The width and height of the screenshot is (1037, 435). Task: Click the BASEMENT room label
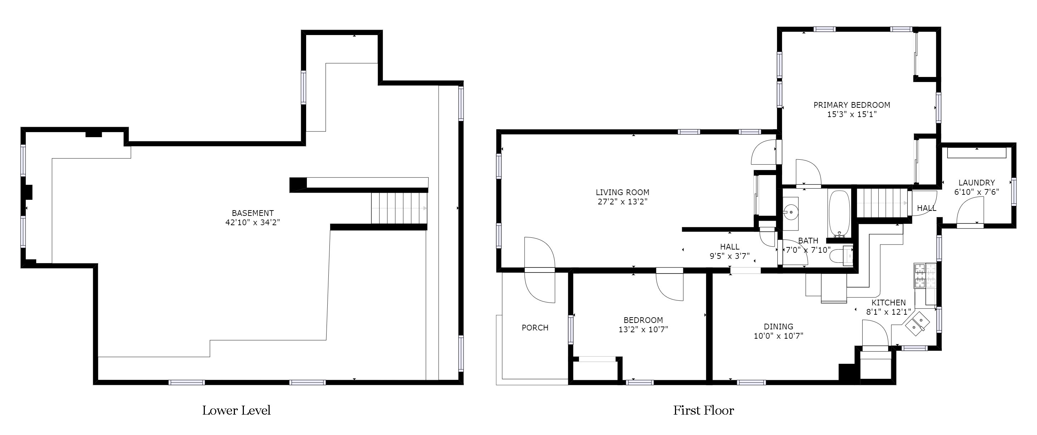[252, 213]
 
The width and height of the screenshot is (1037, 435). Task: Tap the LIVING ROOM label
[622, 192]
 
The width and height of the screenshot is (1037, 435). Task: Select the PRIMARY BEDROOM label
[852, 105]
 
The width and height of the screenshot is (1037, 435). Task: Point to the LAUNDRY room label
[976, 183]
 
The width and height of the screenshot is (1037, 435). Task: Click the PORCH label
[535, 328]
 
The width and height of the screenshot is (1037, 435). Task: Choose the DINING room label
[778, 327]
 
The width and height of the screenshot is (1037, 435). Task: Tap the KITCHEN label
[888, 302]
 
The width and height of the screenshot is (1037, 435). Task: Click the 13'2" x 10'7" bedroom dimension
[643, 330]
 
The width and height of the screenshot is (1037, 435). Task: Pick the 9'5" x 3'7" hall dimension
[729, 256]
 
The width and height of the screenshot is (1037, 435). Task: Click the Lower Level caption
[236, 410]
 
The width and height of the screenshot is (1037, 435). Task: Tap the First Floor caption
[704, 410]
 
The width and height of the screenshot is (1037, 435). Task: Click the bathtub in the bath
[839, 214]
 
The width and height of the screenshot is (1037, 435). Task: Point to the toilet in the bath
[842, 255]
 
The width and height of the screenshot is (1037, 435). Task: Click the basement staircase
[399, 208]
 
